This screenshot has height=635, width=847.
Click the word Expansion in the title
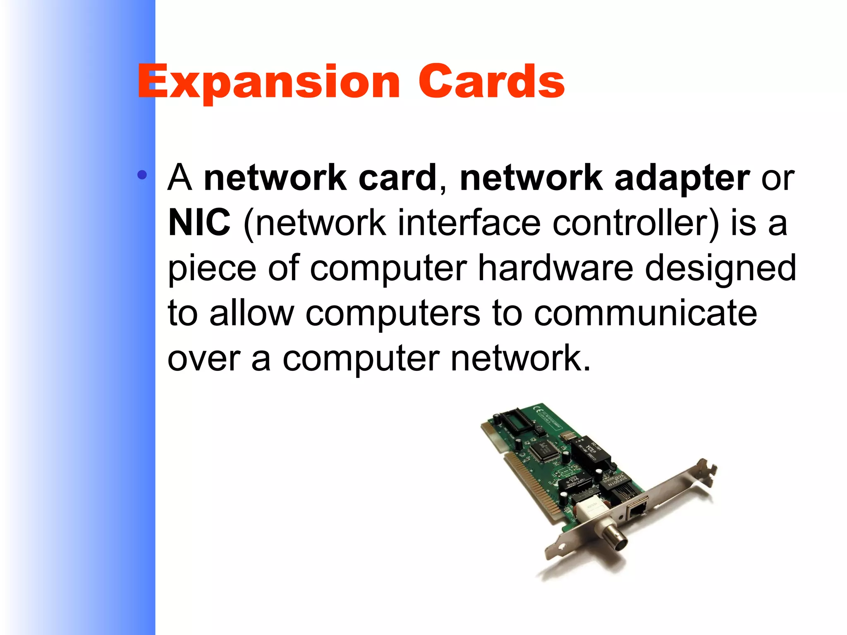[x=269, y=83]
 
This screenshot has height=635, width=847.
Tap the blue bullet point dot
[x=142, y=175]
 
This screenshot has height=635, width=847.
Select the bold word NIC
[x=199, y=222]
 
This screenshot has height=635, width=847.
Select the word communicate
[x=645, y=313]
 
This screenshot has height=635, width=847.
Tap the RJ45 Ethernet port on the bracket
[x=637, y=510]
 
